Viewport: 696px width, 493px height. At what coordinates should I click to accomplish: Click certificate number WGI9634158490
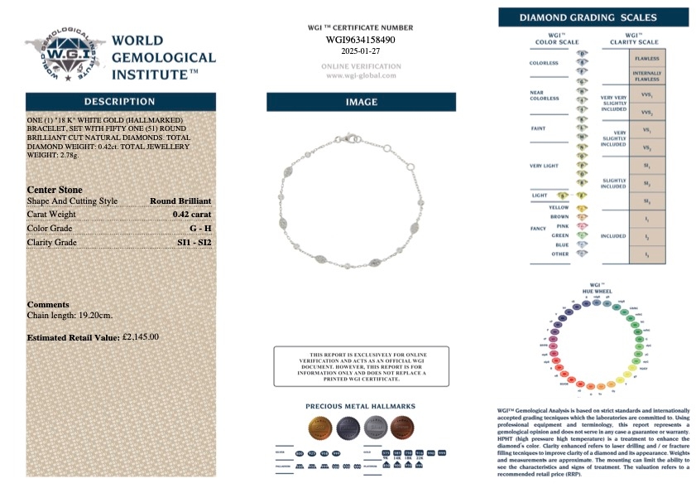click(x=360, y=39)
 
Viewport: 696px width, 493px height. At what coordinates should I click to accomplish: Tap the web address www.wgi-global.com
click(x=360, y=75)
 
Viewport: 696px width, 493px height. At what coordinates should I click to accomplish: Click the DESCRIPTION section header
click(x=120, y=101)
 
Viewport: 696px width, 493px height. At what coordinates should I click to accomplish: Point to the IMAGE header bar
click(x=361, y=102)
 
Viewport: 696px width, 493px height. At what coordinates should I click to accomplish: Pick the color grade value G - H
click(x=199, y=229)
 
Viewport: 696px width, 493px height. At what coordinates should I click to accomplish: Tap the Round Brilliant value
click(x=180, y=201)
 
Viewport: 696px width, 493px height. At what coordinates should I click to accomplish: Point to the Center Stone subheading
click(x=55, y=190)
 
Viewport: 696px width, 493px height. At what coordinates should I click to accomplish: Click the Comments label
click(x=48, y=304)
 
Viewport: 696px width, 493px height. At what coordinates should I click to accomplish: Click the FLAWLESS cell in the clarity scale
click(x=646, y=60)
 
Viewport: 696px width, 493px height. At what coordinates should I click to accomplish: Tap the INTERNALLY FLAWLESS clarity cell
click(x=646, y=77)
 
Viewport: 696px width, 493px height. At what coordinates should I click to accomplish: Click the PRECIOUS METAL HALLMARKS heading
click(x=360, y=407)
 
